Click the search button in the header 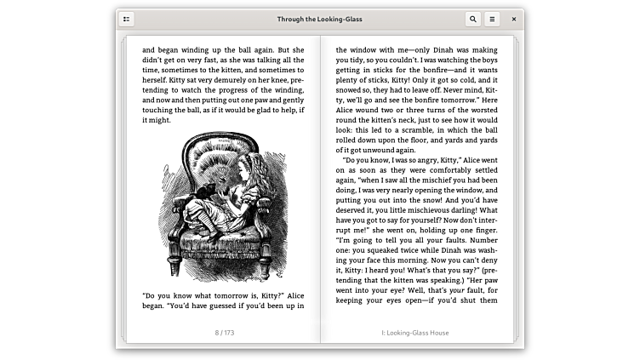[472, 19]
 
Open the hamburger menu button [492, 19]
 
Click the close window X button [513, 19]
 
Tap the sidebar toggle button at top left [127, 19]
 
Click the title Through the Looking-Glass [319, 19]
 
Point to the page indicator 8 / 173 [223, 332]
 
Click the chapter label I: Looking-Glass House [416, 332]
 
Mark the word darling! [466, 209]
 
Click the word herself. [157, 80]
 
